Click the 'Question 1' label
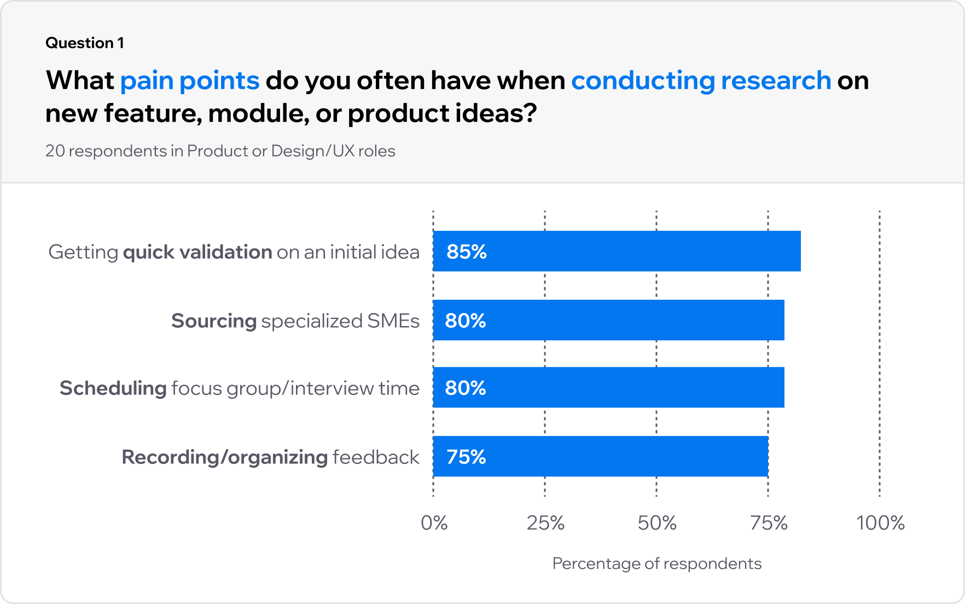pyautogui.click(x=85, y=43)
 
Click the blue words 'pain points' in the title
pyautogui.click(x=189, y=80)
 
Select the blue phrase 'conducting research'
pyautogui.click(x=701, y=80)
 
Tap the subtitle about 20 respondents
pyautogui.click(x=220, y=151)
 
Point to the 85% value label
pyautogui.click(x=467, y=252)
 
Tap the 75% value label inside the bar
pyautogui.click(x=466, y=457)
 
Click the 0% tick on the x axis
pyautogui.click(x=434, y=523)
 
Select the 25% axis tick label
pyautogui.click(x=545, y=523)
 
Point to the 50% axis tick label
pyautogui.click(x=657, y=523)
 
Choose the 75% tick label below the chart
pyautogui.click(x=769, y=523)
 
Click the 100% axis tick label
pyautogui.click(x=880, y=523)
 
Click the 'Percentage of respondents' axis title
pyautogui.click(x=656, y=564)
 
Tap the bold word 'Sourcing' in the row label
pyautogui.click(x=214, y=321)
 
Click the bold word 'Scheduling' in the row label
pyautogui.click(x=113, y=388)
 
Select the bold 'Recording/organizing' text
pyautogui.click(x=224, y=457)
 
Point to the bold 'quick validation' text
pyautogui.click(x=197, y=252)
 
